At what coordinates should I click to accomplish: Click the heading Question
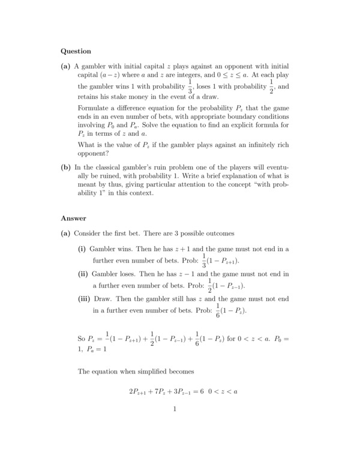click(76, 51)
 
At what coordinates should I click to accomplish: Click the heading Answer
click(74, 218)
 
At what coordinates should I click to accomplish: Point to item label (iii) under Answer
click(84, 298)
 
